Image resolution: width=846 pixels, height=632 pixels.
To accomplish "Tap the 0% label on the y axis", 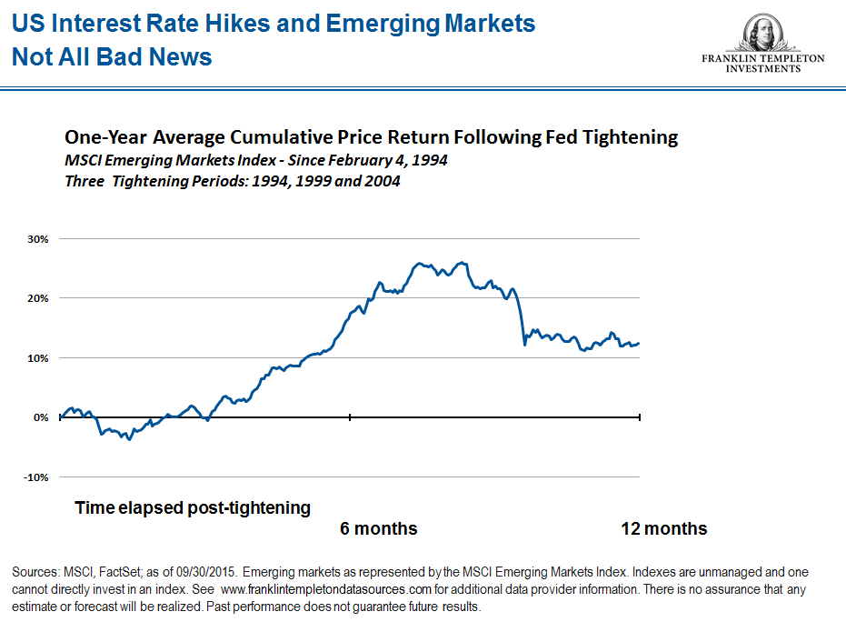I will coord(40,417).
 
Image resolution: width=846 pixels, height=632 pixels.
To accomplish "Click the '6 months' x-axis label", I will coord(379,528).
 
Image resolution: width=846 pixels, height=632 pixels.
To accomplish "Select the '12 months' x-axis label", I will coord(663,528).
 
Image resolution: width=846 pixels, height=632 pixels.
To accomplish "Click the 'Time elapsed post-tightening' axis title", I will coord(193,507).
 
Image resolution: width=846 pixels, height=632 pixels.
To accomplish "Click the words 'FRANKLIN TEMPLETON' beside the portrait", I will coord(763,58).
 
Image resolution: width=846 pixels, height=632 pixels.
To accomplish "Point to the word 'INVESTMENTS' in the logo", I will coord(763,69).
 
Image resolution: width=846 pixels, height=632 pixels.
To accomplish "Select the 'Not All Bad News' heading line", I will coord(112,57).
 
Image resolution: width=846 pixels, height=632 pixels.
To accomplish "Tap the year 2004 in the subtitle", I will coord(383,180).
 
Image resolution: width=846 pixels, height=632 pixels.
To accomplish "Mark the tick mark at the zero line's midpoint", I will coord(350,417).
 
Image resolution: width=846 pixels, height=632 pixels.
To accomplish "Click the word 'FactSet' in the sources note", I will coord(115,573).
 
